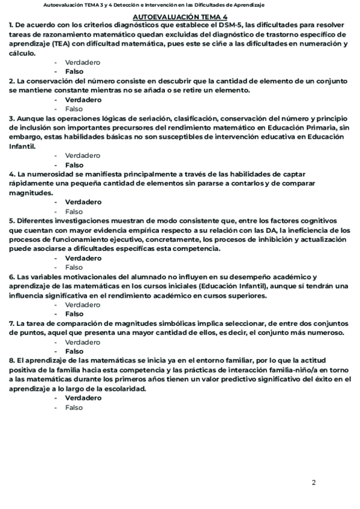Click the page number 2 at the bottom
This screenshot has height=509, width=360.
click(x=313, y=482)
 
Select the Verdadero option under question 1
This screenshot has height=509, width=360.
click(x=82, y=62)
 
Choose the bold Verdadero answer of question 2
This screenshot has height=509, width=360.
click(x=83, y=100)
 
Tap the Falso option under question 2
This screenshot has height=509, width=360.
click(x=74, y=109)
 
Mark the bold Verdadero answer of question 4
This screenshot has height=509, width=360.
click(x=83, y=202)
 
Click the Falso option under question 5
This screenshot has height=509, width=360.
click(x=74, y=267)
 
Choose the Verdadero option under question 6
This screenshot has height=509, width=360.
click(x=82, y=305)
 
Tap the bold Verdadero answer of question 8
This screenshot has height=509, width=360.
click(x=83, y=398)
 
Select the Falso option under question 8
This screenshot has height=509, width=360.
click(x=74, y=408)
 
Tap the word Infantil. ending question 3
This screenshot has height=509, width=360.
click(x=22, y=146)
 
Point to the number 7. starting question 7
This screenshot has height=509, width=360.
click(x=12, y=324)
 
